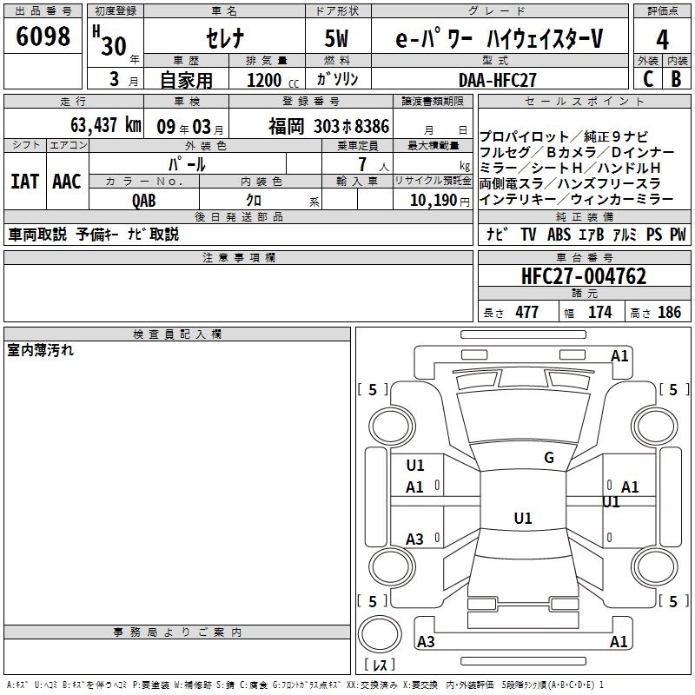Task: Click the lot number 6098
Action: [43, 36]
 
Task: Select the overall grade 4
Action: [662, 40]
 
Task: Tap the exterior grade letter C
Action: [648, 79]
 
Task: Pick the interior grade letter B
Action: [676, 79]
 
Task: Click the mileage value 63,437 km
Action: [106, 125]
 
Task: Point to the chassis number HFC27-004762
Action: [584, 276]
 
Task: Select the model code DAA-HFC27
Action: [497, 80]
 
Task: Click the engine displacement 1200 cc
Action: [273, 80]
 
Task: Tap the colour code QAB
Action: [143, 201]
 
